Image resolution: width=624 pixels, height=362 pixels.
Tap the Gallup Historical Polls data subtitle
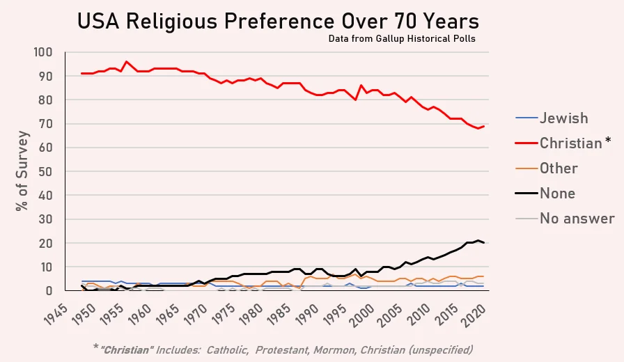(402, 38)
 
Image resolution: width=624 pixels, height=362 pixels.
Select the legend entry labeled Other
(559, 168)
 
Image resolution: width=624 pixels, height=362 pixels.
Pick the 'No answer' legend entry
(577, 219)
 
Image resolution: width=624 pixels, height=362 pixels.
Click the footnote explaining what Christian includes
(318, 348)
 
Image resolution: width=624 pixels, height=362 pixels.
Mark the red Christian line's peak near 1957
(126, 62)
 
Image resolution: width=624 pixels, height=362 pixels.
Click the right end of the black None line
(484, 243)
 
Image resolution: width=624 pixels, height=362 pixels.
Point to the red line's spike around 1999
(361, 86)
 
